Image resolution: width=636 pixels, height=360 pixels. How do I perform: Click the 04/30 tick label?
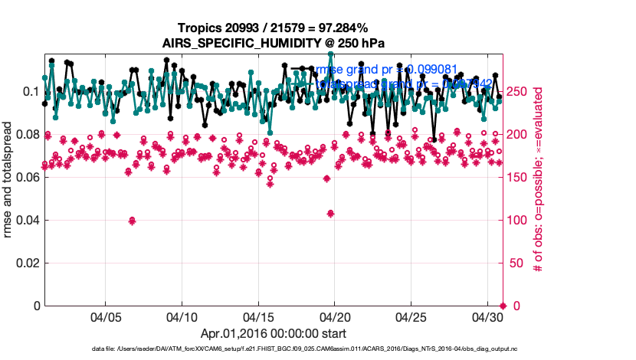[x=487, y=316]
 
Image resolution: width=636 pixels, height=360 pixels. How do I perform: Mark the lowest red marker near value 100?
[x=132, y=221]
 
